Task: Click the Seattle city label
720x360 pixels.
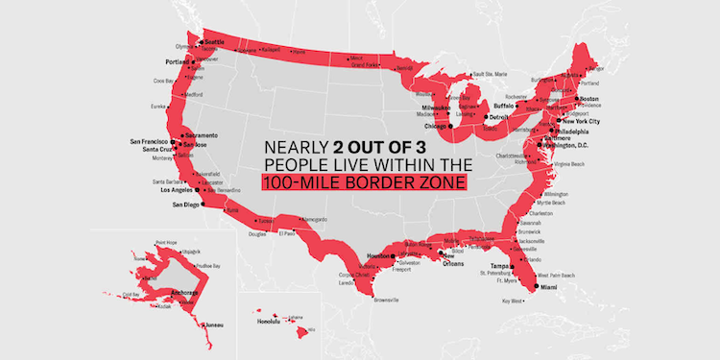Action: [x=214, y=42]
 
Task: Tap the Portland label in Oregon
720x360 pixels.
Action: [x=178, y=62]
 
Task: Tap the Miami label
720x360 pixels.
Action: [x=547, y=286]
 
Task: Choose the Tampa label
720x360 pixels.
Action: [x=499, y=266]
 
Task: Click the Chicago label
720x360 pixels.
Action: [x=437, y=126]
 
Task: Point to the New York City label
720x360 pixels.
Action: [x=581, y=122]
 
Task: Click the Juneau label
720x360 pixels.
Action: [x=212, y=324]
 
